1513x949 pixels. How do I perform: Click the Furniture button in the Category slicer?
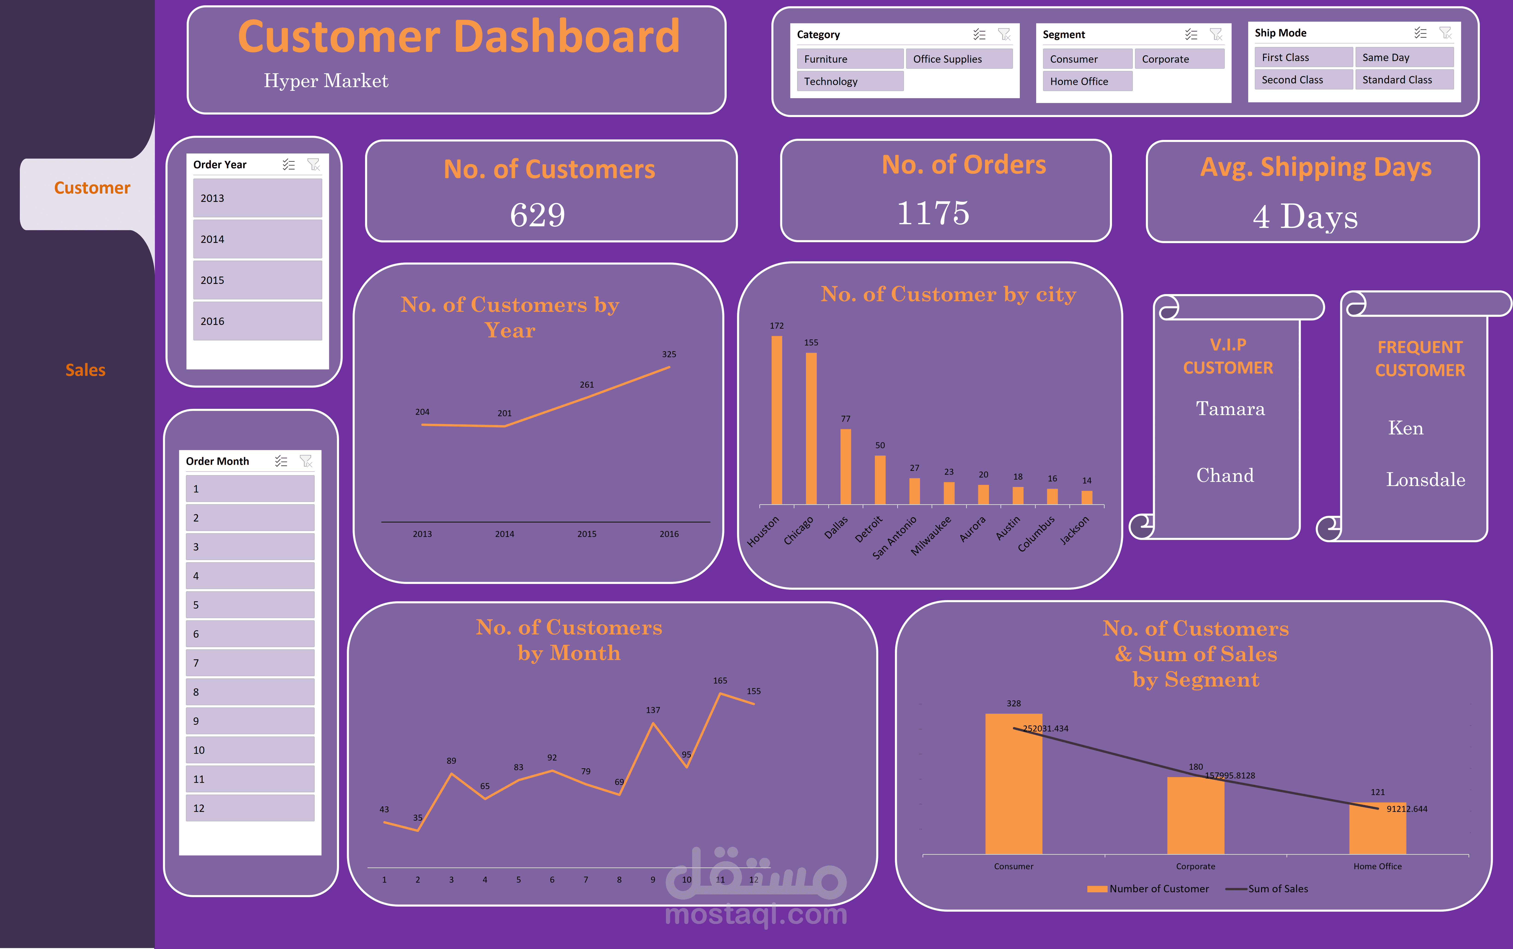pos(850,59)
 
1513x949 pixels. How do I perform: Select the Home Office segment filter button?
pos(1087,82)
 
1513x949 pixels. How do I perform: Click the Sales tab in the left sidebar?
pos(85,370)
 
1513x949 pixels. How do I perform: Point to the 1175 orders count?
pos(933,213)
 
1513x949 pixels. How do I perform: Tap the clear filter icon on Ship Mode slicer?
pos(1445,33)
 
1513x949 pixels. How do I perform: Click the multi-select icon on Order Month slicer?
pos(281,461)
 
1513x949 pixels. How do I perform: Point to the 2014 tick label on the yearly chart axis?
pos(504,534)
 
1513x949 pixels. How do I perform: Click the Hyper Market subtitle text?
pos(326,81)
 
